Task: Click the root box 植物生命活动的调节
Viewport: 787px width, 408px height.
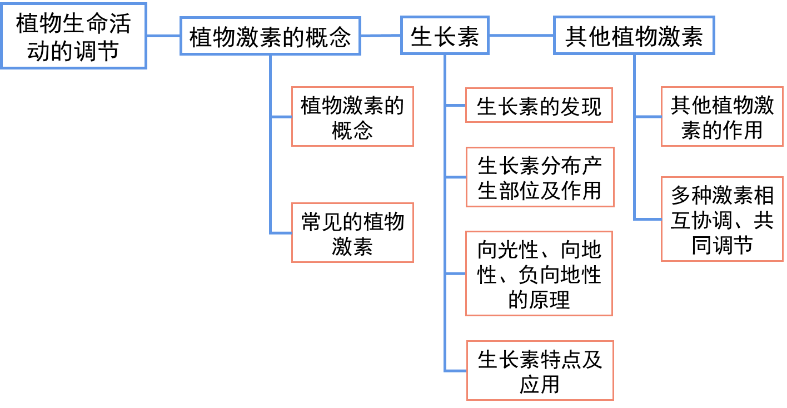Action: [x=73, y=36]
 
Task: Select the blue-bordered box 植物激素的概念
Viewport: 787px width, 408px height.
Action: [x=270, y=36]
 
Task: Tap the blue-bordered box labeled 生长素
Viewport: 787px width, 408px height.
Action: [x=445, y=36]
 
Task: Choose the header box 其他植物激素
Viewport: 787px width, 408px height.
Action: [x=634, y=36]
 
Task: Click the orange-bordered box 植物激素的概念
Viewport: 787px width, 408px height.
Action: [x=352, y=117]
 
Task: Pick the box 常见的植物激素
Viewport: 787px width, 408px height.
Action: [x=352, y=233]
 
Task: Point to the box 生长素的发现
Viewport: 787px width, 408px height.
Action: [x=539, y=106]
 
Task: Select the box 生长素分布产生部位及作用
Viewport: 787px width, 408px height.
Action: [x=540, y=177]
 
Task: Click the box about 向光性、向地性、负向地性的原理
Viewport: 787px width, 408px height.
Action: [x=539, y=274]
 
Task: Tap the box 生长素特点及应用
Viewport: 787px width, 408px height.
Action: [x=540, y=371]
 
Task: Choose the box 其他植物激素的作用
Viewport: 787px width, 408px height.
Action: [x=722, y=117]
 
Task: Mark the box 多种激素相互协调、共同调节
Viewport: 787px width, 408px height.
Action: [x=722, y=219]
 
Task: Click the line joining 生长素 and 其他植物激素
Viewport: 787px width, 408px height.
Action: [x=521, y=36]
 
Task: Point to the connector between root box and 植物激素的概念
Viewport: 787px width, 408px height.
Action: [x=163, y=36]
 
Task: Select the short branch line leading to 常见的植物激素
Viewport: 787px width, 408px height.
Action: [x=281, y=232]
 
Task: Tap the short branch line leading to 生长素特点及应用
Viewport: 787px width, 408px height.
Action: [x=455, y=370]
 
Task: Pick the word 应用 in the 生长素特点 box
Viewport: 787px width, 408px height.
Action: [x=540, y=384]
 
